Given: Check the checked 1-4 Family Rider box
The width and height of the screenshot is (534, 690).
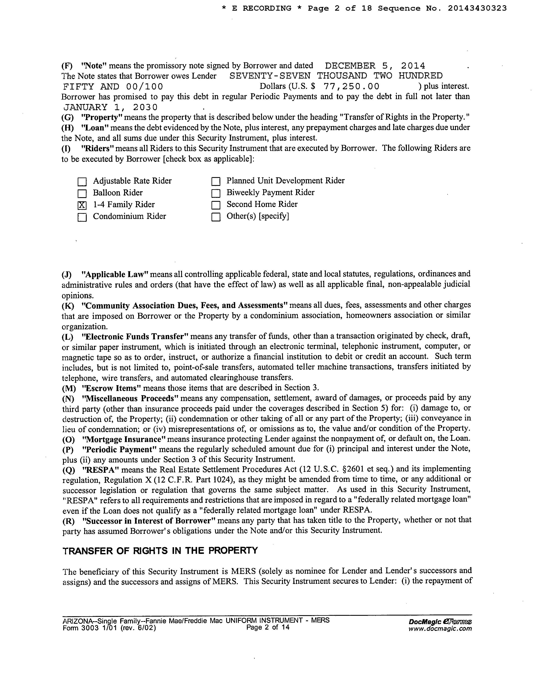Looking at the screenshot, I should click(x=82, y=205).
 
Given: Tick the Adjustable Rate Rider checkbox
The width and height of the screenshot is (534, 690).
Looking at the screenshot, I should click(x=82, y=182).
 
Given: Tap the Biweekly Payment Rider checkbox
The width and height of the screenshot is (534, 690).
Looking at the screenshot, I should click(x=216, y=193).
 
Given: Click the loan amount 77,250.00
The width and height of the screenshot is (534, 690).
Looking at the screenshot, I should click(x=351, y=86).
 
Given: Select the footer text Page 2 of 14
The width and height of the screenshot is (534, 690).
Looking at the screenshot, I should click(x=268, y=627).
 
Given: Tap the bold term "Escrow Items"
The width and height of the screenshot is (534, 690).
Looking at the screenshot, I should click(x=111, y=388).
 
